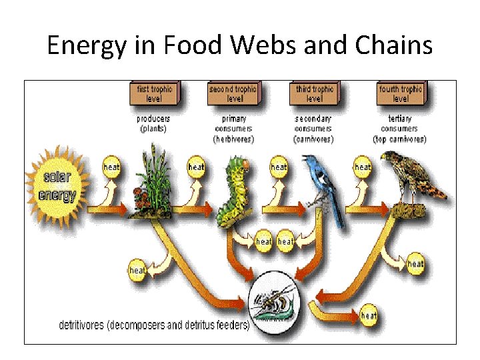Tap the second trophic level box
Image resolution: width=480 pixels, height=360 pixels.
pyautogui.click(x=235, y=93)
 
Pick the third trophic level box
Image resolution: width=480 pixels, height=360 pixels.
pyautogui.click(x=315, y=93)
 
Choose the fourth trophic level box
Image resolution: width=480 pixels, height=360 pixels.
pyautogui.click(x=400, y=93)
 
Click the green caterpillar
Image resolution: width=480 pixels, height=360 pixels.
pyautogui.click(x=235, y=190)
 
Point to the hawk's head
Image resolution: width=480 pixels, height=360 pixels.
pyautogui.click(x=390, y=159)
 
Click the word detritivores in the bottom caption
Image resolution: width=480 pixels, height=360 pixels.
pyautogui.click(x=83, y=325)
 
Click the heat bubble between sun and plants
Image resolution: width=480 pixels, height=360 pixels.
pyautogui.click(x=111, y=167)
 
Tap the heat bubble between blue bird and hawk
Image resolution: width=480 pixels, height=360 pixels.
pyautogui.click(x=363, y=167)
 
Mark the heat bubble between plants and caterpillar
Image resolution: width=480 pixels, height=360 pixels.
pyautogui.click(x=197, y=167)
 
